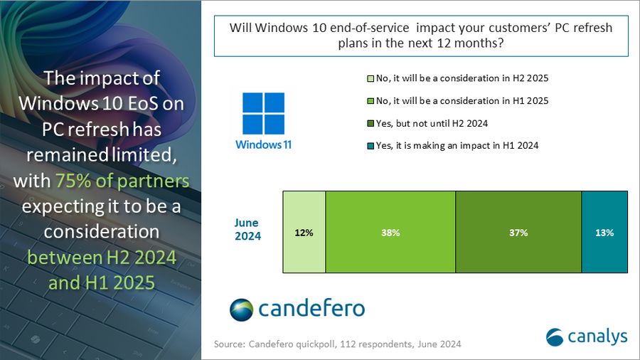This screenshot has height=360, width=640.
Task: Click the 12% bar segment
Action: tap(304, 232)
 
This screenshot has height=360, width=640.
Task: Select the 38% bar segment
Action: tap(390, 232)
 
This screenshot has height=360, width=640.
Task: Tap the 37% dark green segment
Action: tap(518, 232)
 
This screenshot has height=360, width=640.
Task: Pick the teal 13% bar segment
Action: tap(604, 232)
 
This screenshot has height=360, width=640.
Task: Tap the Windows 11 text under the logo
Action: tap(263, 144)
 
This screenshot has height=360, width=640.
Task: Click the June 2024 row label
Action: tap(247, 229)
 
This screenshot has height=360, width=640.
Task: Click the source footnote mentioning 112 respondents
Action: tap(338, 344)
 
